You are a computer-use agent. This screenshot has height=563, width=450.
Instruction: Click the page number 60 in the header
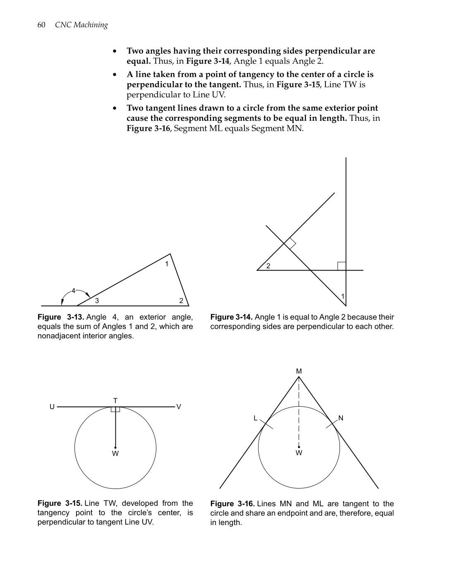41,25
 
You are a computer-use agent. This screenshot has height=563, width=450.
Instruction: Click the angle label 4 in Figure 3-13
73,290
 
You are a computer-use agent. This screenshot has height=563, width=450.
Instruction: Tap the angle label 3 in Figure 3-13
97,301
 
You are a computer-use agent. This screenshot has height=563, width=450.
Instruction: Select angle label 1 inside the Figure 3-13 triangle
167,264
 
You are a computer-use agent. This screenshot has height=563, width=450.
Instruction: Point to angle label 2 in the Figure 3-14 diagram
268,266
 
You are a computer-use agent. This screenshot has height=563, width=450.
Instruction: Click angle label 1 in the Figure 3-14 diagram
342,296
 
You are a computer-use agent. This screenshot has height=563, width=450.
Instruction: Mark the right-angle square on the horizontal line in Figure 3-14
342,266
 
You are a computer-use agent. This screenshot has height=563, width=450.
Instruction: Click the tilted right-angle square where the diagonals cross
290,243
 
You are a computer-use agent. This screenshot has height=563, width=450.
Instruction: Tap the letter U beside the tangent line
52,407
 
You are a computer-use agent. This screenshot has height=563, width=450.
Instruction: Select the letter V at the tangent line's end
179,407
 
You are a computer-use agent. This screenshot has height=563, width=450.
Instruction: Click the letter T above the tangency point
115,400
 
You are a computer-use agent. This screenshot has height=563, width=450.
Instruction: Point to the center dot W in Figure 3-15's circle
115,447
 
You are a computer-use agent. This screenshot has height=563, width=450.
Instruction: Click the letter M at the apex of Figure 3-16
299,371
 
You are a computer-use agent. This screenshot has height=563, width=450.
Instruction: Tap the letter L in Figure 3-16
256,418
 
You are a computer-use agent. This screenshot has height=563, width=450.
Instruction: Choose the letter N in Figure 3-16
341,418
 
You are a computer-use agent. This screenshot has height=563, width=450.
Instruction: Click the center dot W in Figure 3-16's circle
299,446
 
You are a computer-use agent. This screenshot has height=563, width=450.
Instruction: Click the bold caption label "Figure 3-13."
61,317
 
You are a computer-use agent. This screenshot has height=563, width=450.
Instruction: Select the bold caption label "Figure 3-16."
232,503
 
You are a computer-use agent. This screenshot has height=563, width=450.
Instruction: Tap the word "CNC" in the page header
63,25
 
